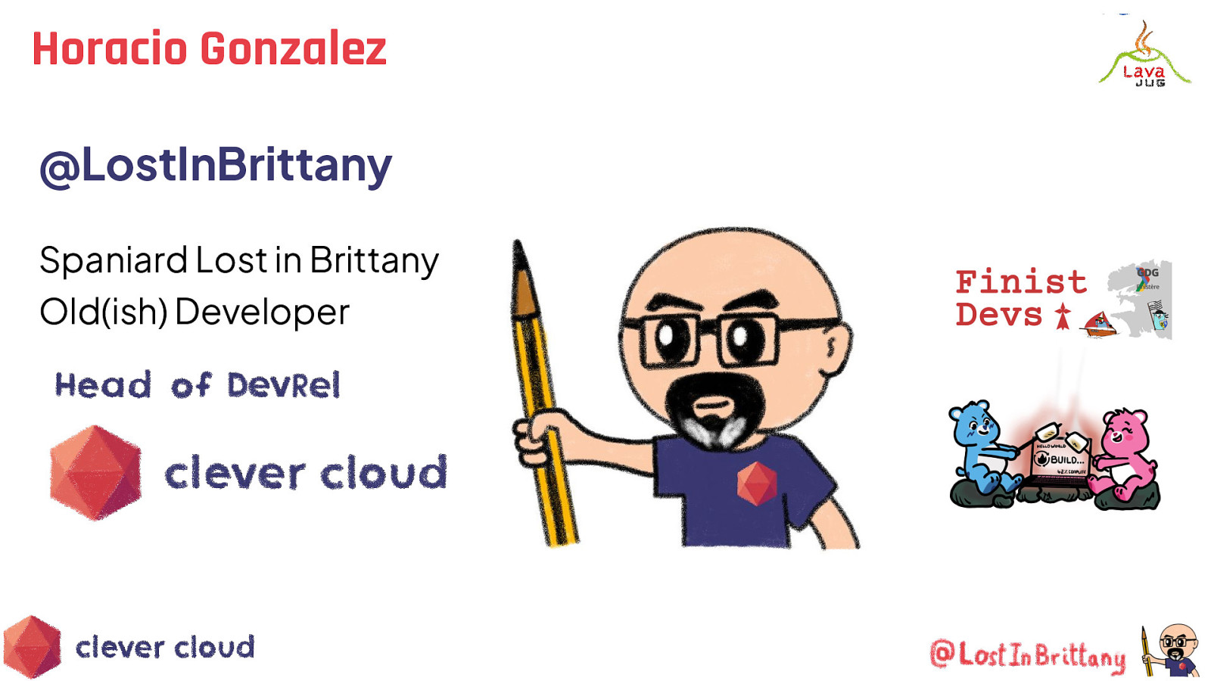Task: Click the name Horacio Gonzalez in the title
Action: pos(209,49)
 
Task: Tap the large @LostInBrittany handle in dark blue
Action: pos(216,165)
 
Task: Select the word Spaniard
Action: pos(113,260)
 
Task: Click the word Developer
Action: pos(262,312)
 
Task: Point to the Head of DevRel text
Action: pos(197,385)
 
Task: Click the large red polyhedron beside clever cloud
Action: pos(95,473)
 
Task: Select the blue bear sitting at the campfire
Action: pos(981,446)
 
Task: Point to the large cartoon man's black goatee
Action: pos(711,409)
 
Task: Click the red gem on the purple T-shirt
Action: pos(757,483)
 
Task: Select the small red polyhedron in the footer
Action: pos(32,647)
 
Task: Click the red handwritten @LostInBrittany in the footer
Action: pos(1027,655)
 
